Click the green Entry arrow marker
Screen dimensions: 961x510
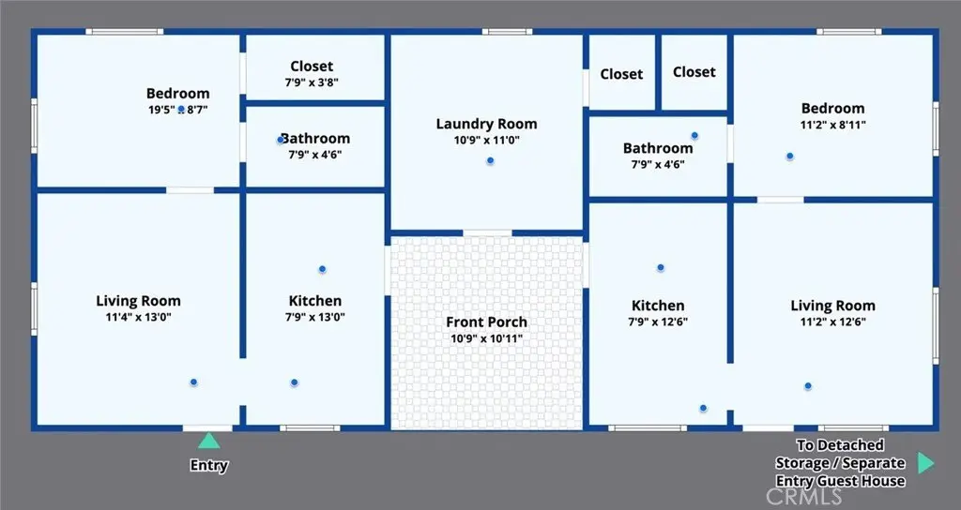[x=208, y=441]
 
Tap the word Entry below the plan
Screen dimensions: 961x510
[x=209, y=465]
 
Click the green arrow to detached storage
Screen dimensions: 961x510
[x=926, y=463]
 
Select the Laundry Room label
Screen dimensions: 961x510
[x=487, y=124]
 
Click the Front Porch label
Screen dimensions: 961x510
[x=487, y=322]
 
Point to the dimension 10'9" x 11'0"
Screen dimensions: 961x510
[x=487, y=141]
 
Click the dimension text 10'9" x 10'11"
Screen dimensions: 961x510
[x=487, y=338]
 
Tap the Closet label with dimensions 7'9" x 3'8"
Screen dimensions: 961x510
[x=312, y=67]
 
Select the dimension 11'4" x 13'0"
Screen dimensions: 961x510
[x=139, y=317]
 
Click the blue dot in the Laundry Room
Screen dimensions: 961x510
[x=490, y=161]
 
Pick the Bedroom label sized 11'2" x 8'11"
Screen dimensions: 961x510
[x=833, y=109]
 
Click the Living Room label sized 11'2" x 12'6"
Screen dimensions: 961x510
[x=833, y=306]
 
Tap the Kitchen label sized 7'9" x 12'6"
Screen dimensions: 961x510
[x=658, y=306]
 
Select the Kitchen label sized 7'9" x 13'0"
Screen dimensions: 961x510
[x=315, y=301]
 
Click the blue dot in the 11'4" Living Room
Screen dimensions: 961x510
[x=193, y=382]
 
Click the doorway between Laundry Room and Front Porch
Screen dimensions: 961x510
[x=487, y=232]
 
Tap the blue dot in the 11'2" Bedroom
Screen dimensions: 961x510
[x=790, y=157]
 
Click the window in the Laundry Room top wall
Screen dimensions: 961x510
[x=507, y=31]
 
